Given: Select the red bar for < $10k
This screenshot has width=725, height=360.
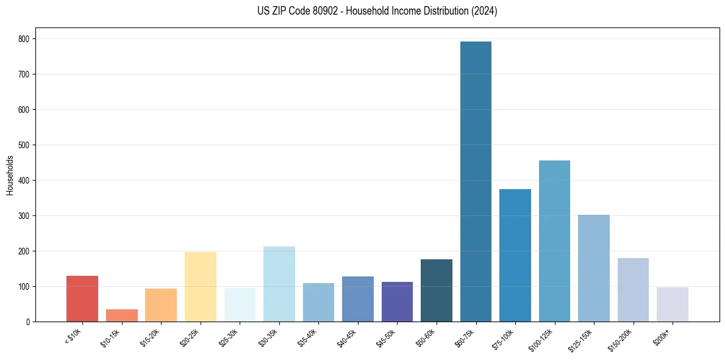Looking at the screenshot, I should pos(82,299).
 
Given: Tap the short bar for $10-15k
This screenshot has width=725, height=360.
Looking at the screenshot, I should pos(122,315).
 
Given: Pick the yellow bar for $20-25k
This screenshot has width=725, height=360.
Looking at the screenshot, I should pos(201,287).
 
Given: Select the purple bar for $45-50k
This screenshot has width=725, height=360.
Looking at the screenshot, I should pos(397,301).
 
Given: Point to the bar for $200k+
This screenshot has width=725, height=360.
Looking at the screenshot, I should pos(673,304).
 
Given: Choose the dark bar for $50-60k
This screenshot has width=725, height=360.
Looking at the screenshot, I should pos(437,290).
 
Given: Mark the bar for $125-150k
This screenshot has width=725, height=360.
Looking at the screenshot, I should pos(594,268).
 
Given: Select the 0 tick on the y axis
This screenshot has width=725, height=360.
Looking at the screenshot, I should pos(28,322).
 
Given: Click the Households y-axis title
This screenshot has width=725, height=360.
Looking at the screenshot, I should pos(10,175).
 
